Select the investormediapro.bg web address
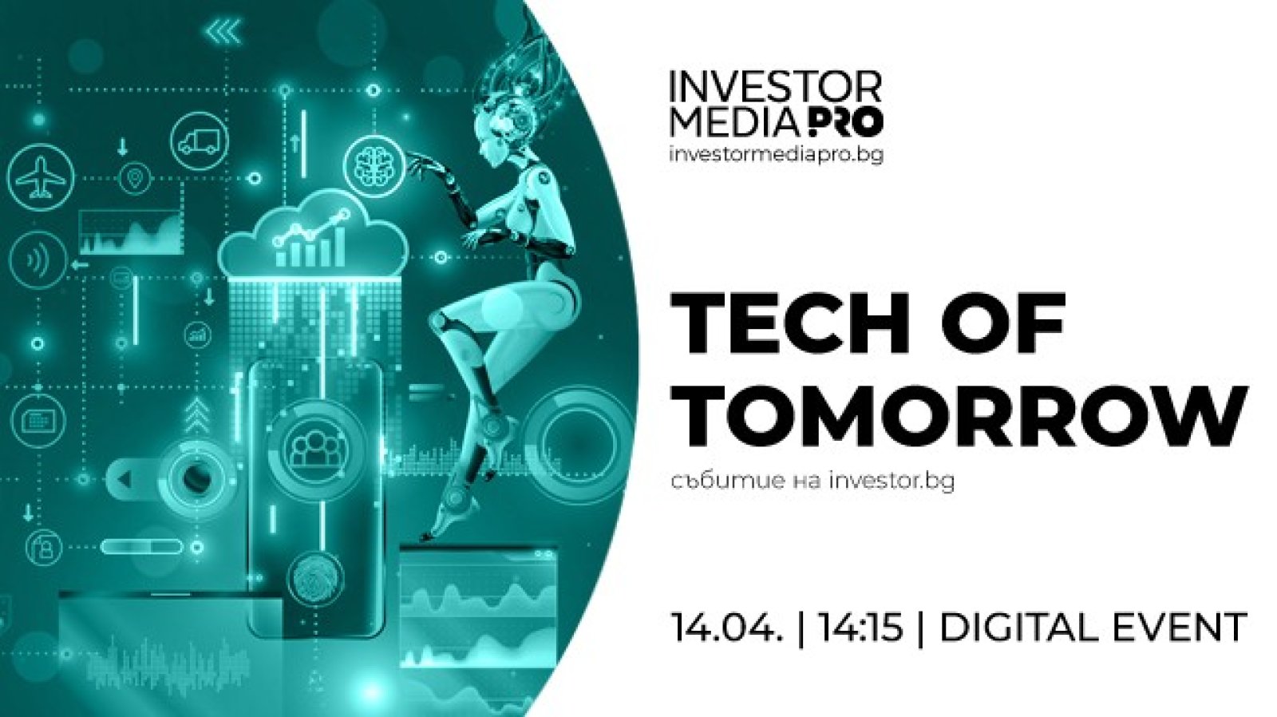coord(776,154)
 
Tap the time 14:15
coord(862,628)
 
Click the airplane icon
coord(40,176)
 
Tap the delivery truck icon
coord(200,141)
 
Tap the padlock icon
coord(44,549)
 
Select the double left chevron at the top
coord(224,33)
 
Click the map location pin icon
coord(135,179)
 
